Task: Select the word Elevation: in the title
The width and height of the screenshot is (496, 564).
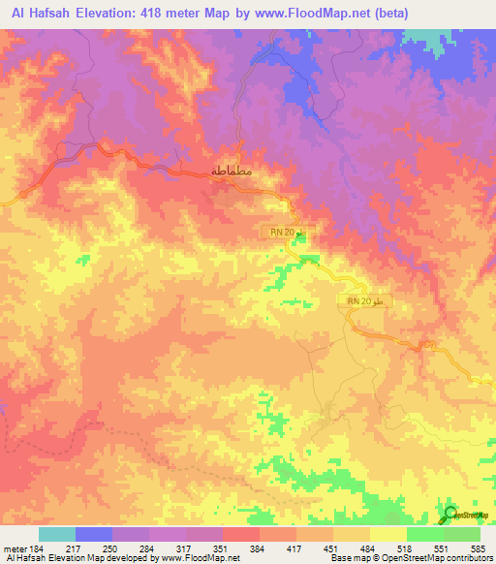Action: [112, 13]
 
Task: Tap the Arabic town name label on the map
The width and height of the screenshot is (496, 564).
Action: [232, 172]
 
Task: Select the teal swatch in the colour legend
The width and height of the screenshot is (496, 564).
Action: [57, 534]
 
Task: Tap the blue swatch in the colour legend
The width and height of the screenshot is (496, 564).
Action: [94, 534]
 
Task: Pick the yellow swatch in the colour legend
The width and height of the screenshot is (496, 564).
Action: [388, 534]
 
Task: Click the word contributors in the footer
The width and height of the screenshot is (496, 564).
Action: [469, 559]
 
